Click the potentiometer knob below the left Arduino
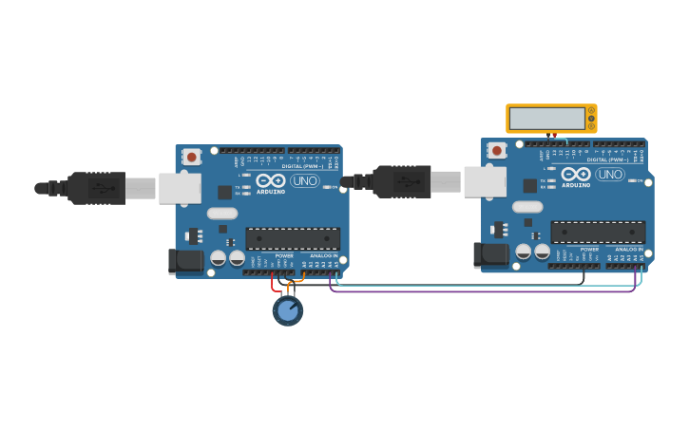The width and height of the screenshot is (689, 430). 287,310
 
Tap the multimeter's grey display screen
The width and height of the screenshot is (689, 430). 546,119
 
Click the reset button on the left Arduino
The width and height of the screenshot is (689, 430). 191,157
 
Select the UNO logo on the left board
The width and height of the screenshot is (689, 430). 305,180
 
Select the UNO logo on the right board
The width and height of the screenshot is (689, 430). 610,174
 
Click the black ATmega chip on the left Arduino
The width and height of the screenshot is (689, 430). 293,238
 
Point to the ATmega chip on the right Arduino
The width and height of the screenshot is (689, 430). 598,232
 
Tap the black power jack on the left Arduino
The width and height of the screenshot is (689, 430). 184,260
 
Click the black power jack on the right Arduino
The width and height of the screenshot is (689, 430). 489,253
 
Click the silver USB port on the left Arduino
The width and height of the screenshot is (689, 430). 179,188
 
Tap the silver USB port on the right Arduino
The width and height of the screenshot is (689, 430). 484,181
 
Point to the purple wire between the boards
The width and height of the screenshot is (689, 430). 475,291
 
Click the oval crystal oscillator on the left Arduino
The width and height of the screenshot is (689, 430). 222,214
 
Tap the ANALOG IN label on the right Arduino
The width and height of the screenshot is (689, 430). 628,249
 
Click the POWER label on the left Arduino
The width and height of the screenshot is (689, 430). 284,255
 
